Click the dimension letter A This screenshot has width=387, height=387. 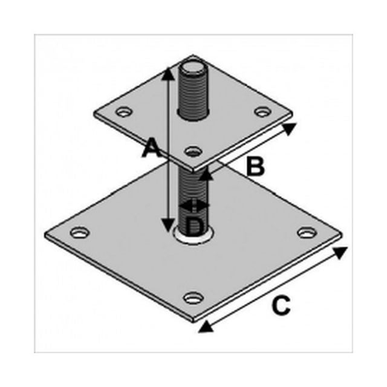(152, 148)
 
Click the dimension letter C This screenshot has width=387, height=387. (281, 305)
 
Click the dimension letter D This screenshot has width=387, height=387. (195, 227)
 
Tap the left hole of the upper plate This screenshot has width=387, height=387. (124, 111)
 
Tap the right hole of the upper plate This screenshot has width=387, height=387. (262, 111)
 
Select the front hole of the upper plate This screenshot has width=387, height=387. (193, 151)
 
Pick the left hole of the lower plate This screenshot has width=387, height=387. (80, 232)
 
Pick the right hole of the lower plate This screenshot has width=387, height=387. (307, 232)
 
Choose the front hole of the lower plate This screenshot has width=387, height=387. (193, 298)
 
